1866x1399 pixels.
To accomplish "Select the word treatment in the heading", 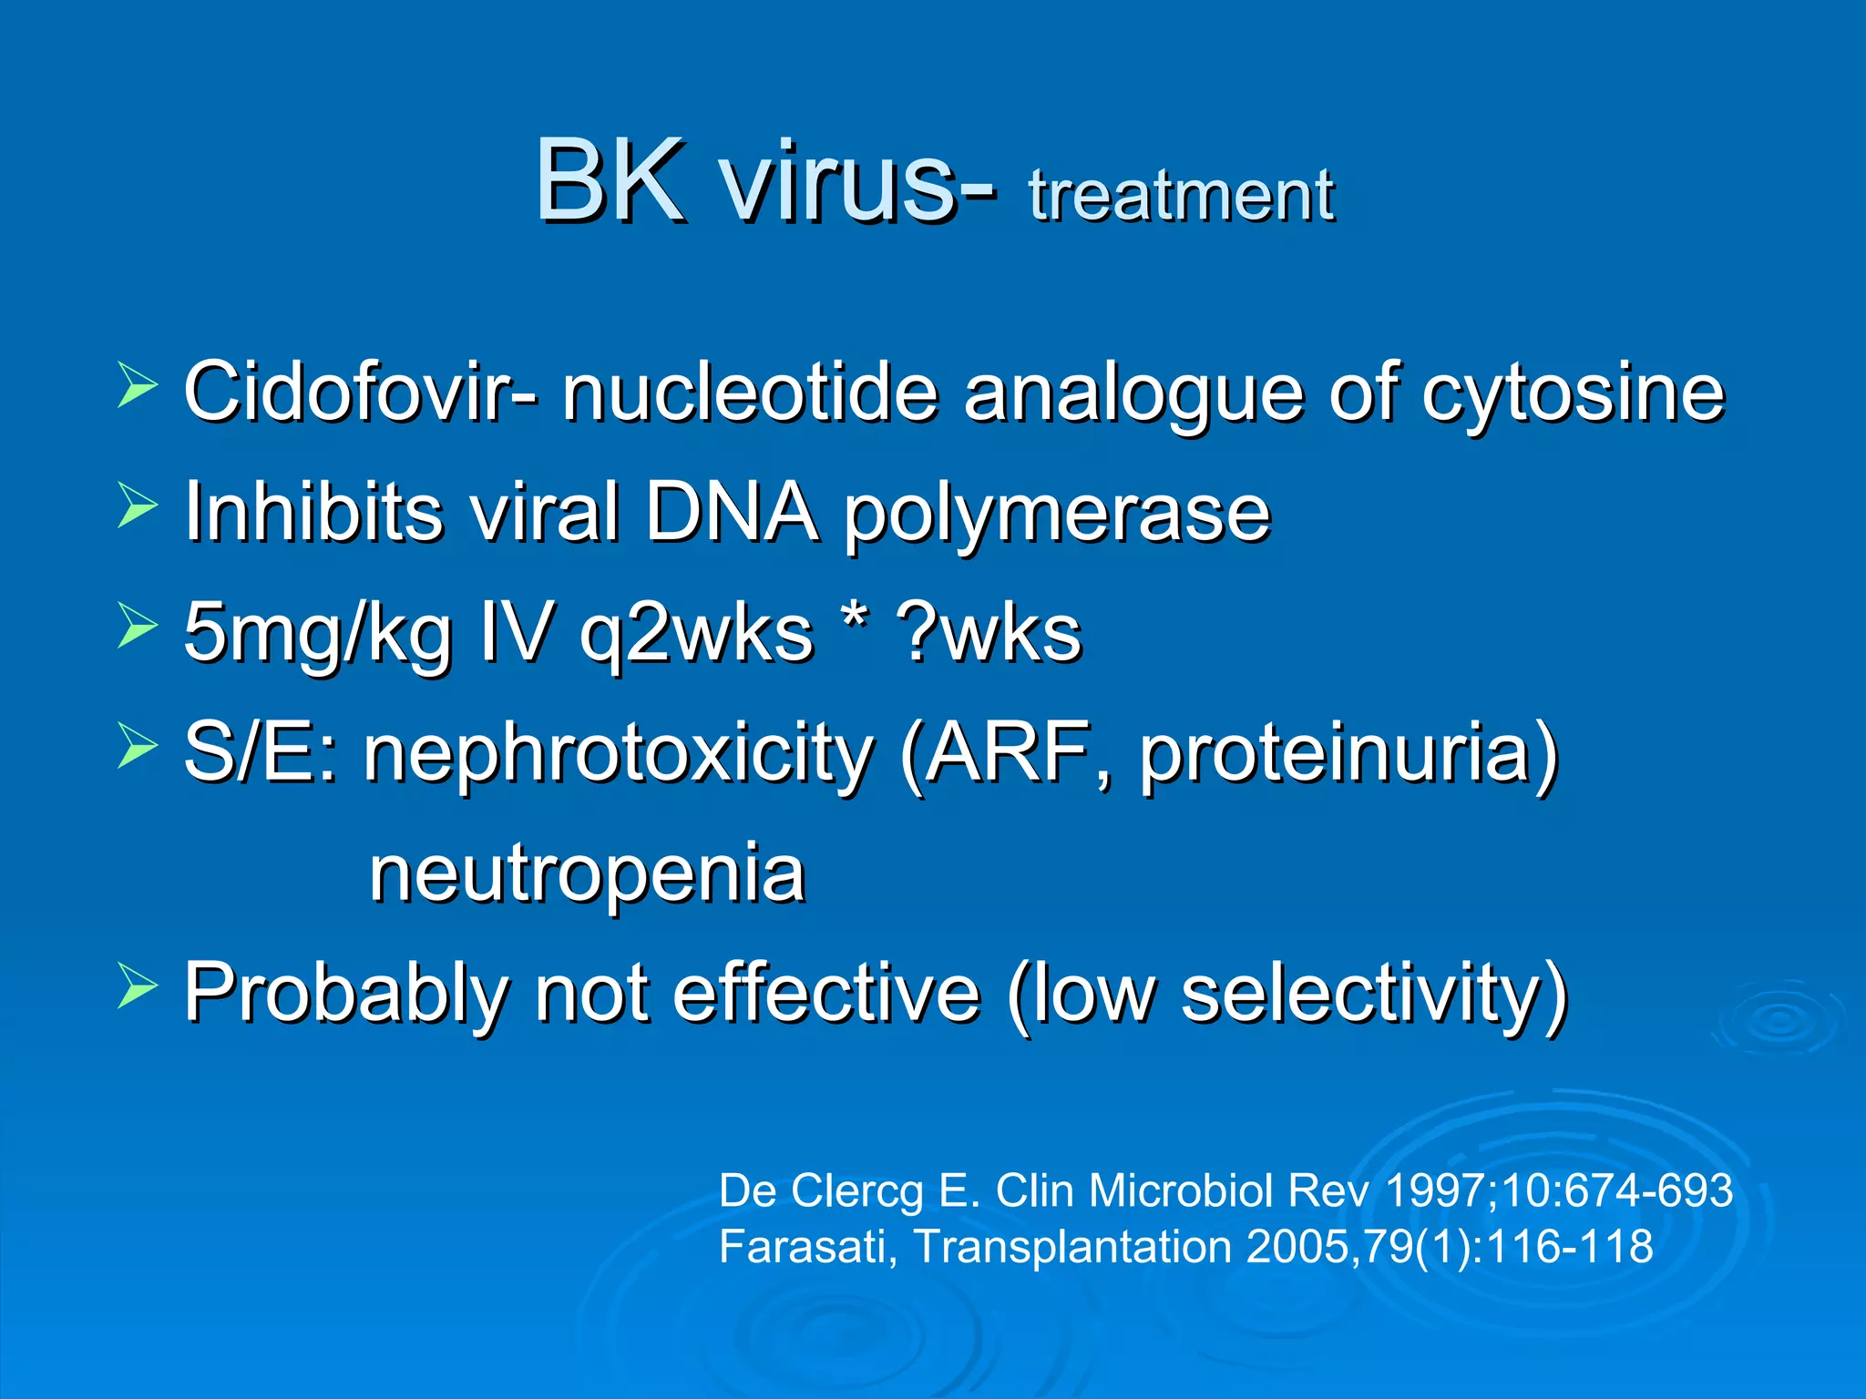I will [x=1181, y=195].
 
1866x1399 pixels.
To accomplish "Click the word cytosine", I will [x=1573, y=393].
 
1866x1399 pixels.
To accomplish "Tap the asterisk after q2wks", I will [x=854, y=619].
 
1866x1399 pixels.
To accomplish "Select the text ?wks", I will [x=989, y=632].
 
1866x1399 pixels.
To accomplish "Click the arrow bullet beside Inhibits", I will [x=137, y=506].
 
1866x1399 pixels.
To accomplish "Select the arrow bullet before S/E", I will [x=137, y=746].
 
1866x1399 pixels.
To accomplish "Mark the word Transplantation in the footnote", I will [x=1071, y=1247].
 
